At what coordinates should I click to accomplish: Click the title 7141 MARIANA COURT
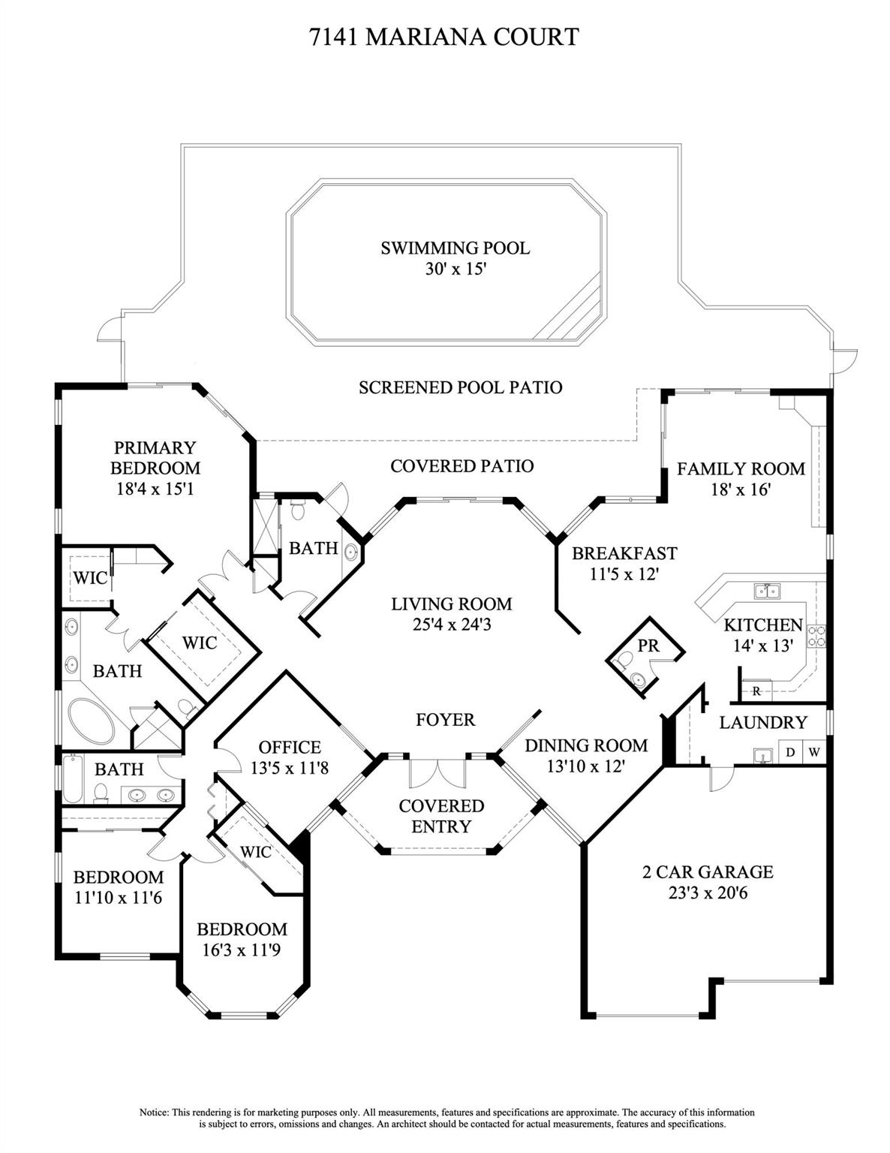[x=445, y=37]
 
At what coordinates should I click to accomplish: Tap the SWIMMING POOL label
[x=455, y=248]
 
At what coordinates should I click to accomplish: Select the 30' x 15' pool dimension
[x=456, y=269]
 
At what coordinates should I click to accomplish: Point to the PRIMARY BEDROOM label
[x=155, y=458]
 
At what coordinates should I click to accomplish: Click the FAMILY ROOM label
[x=741, y=469]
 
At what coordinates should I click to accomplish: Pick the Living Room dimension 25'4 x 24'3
[x=451, y=624]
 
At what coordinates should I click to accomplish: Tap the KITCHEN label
[x=763, y=625]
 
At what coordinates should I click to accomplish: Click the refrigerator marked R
[x=756, y=691]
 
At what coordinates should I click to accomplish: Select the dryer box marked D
[x=790, y=752]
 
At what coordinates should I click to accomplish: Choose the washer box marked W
[x=813, y=752]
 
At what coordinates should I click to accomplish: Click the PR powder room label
[x=648, y=646]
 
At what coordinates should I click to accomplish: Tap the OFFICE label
[x=290, y=748]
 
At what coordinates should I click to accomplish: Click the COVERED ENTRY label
[x=441, y=816]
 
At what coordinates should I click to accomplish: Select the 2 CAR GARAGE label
[x=708, y=872]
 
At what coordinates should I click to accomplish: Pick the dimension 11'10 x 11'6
[x=118, y=898]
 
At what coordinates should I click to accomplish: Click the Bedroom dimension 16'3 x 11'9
[x=242, y=950]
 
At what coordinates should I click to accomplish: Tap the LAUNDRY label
[x=763, y=723]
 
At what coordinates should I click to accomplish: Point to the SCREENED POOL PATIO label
[x=460, y=388]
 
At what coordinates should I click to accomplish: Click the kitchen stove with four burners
[x=817, y=637]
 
